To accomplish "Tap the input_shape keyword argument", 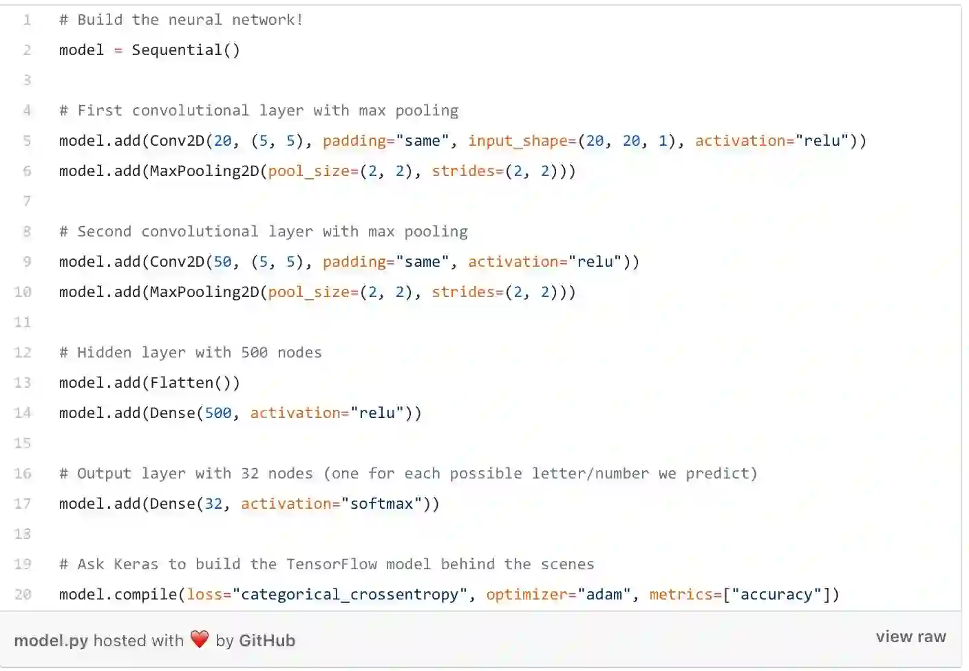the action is click(521, 141).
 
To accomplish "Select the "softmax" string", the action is click(381, 504).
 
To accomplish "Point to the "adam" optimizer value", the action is click(604, 595).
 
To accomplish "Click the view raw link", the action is click(911, 637).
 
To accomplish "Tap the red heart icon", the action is click(200, 639).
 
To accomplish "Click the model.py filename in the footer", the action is click(51, 641).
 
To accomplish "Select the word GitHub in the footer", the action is click(266, 641).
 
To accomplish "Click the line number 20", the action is click(23, 595).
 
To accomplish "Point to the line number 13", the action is click(23, 383).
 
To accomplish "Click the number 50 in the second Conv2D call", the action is click(222, 262).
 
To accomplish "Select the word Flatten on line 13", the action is click(182, 383).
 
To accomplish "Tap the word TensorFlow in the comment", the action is click(331, 564).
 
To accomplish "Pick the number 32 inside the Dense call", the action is click(213, 504).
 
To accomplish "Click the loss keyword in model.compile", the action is click(204, 595).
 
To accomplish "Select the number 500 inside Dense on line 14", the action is click(218, 413).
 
